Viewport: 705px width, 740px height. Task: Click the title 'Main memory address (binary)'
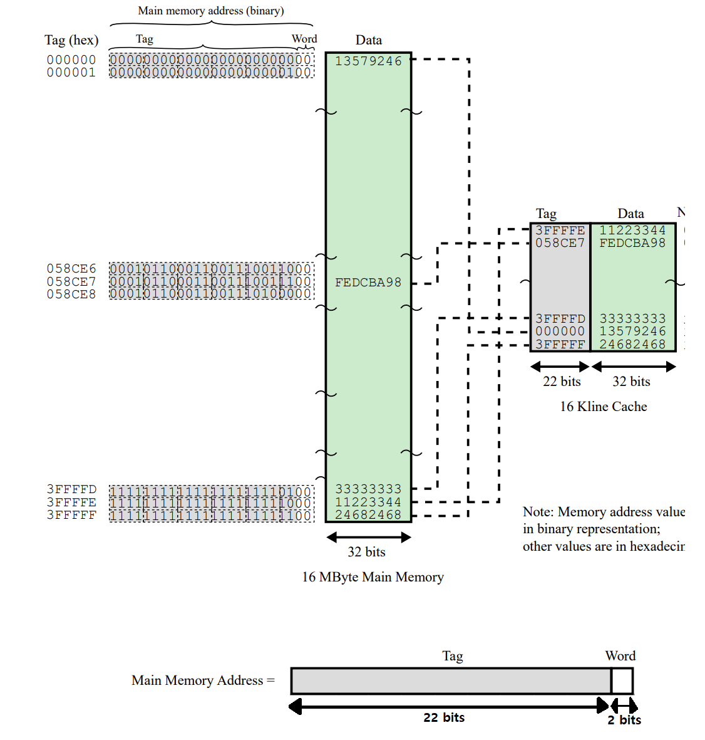click(210, 11)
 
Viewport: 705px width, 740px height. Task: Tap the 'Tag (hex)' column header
click(71, 40)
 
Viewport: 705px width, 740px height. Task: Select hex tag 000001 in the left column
click(71, 73)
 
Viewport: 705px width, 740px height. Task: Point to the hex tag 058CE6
click(71, 269)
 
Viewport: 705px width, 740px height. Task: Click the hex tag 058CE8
click(71, 294)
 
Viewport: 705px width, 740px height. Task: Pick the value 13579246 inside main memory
click(368, 61)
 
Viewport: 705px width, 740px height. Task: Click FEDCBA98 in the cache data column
click(632, 243)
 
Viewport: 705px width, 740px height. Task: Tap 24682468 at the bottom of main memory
click(368, 515)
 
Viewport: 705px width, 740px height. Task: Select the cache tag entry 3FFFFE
click(560, 231)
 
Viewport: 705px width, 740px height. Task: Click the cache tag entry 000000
click(560, 331)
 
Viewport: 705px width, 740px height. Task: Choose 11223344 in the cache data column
click(632, 231)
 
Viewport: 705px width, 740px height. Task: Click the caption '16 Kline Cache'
click(603, 407)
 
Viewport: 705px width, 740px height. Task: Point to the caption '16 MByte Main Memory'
click(373, 577)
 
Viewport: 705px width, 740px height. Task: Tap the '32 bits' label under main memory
click(366, 552)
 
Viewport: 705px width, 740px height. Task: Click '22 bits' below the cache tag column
click(562, 382)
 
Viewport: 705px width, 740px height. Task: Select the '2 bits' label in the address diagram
click(624, 720)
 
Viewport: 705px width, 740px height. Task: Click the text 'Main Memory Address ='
click(203, 680)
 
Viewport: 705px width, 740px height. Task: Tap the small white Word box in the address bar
click(622, 681)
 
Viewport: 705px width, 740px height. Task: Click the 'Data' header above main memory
click(368, 40)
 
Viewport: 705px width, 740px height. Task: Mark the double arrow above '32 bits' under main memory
click(368, 537)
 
